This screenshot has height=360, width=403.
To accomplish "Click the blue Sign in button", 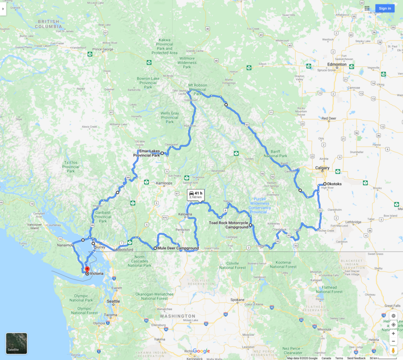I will [385, 8].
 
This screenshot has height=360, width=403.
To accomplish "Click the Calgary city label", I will [322, 168].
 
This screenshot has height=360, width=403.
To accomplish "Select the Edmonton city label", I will [337, 64].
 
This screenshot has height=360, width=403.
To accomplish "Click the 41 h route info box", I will [195, 195].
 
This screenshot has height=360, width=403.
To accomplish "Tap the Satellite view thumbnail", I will [17, 343].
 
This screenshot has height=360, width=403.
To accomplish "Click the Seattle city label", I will [113, 301].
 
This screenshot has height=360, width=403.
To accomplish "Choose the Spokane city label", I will [237, 300].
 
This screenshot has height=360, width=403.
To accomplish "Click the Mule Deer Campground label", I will [178, 248].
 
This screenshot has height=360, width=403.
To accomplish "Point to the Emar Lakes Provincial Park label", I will [146, 153].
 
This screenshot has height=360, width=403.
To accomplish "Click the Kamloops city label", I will [165, 183].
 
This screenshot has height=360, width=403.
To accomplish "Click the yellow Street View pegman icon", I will [393, 350].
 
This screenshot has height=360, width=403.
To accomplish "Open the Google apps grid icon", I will [367, 8].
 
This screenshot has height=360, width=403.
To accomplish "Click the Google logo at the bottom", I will [201, 351].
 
